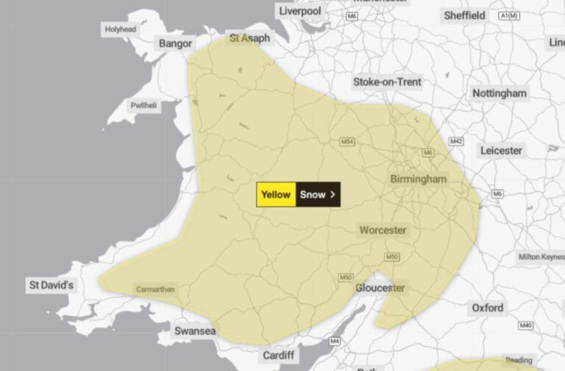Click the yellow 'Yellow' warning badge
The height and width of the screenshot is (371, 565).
click(276, 194)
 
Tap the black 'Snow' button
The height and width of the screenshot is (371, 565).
click(318, 194)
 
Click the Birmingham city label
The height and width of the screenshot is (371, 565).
click(418, 179)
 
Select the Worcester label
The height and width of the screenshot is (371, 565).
click(383, 230)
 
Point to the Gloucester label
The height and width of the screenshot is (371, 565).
click(380, 288)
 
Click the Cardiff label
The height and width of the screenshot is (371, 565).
click(280, 356)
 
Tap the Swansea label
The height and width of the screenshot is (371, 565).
click(195, 331)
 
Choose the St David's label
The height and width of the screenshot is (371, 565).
click(51, 284)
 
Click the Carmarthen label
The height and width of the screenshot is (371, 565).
click(155, 289)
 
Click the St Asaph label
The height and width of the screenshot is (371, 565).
click(249, 38)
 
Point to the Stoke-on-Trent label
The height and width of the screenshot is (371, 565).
click(387, 82)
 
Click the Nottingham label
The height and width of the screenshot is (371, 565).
click(500, 93)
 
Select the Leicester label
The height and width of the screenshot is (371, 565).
click(501, 150)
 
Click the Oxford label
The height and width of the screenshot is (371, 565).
click(488, 307)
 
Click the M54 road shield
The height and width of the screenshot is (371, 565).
click(347, 141)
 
